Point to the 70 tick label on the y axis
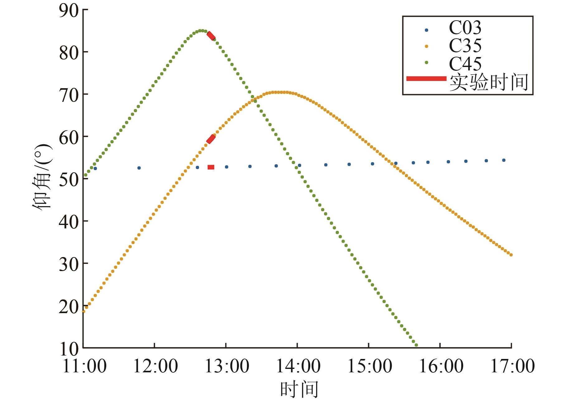coord(69,95)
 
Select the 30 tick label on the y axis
coord(69,264)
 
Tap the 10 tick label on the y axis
coord(69,349)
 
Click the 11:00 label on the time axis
coord(84,366)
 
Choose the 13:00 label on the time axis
coord(227,366)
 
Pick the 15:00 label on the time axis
coord(369,366)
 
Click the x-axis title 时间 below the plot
coord(299,389)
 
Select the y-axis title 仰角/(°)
coord(42,177)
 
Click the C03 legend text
coord(465,28)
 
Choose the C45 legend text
coord(465,64)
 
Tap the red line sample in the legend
coord(426,79)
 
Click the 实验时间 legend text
coord(489,82)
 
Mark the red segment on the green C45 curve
coord(211,36)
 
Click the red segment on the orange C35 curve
coord(211,139)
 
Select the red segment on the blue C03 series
coord(211,167)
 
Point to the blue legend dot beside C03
coord(426,30)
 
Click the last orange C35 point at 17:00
coord(511,255)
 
